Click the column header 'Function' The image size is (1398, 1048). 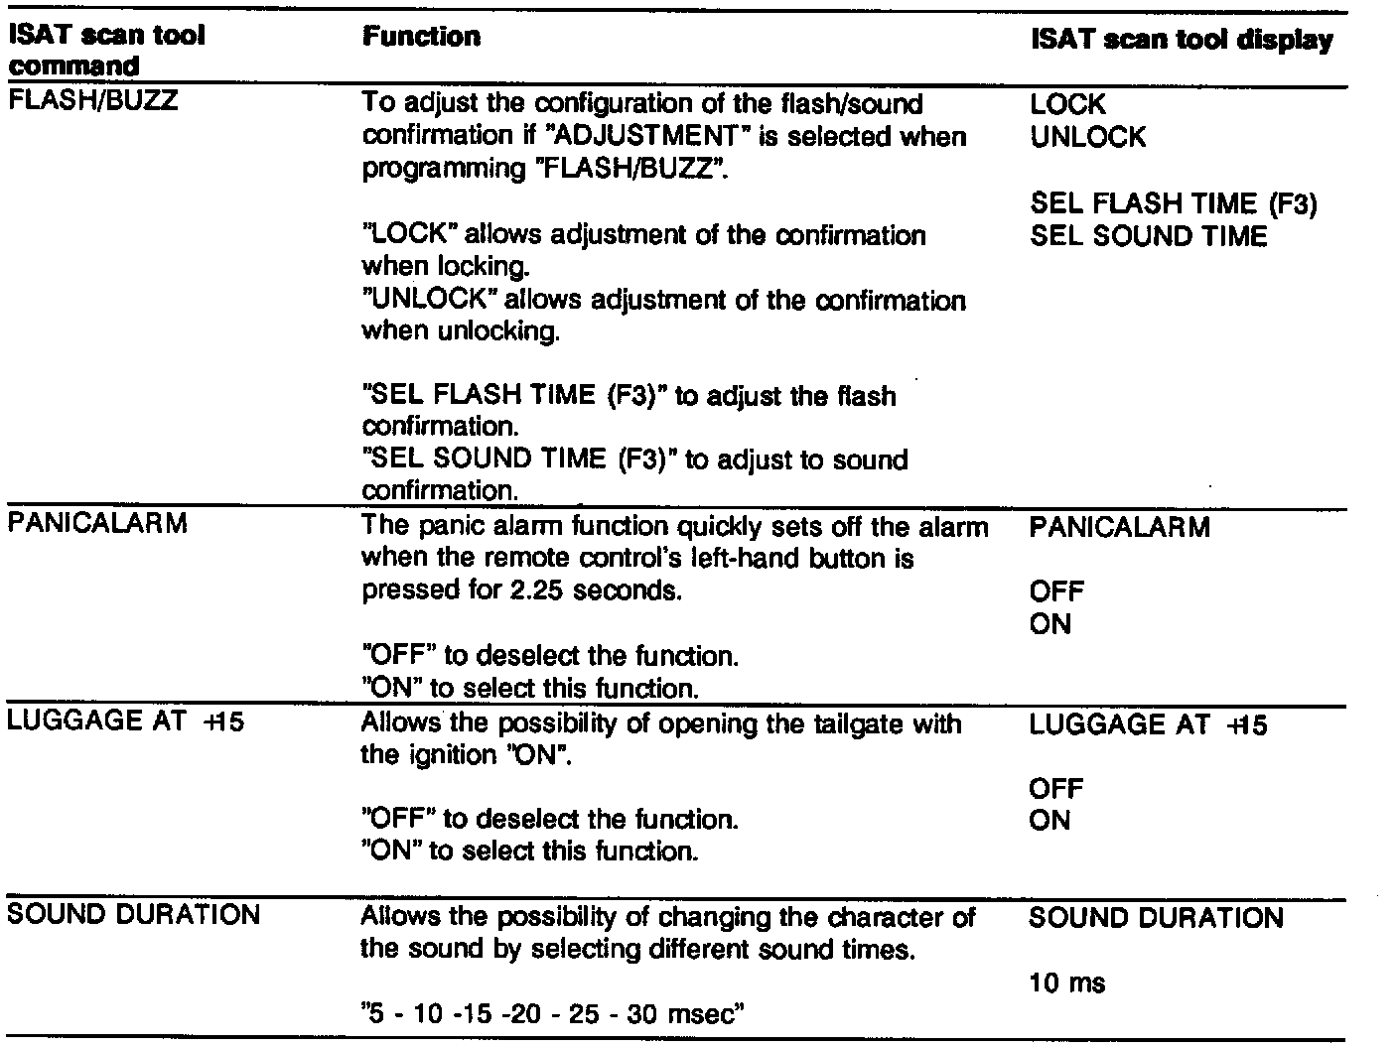(421, 38)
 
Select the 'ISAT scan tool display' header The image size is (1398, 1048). (1182, 41)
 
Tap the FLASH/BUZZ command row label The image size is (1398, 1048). (92, 101)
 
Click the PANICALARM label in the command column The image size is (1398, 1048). (97, 524)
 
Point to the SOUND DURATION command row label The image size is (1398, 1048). (133, 914)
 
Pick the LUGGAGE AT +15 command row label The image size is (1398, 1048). (125, 721)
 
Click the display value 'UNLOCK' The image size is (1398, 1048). (1087, 137)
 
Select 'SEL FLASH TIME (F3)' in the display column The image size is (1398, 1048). (1173, 203)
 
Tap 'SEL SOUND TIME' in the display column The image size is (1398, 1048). (1149, 236)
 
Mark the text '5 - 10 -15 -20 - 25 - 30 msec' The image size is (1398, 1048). (553, 1014)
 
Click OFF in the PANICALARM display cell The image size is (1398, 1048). (1056, 591)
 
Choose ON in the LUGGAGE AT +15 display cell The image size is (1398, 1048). (1049, 821)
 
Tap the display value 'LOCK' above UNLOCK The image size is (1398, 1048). (1067, 104)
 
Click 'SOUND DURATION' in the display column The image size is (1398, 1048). (1156, 918)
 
